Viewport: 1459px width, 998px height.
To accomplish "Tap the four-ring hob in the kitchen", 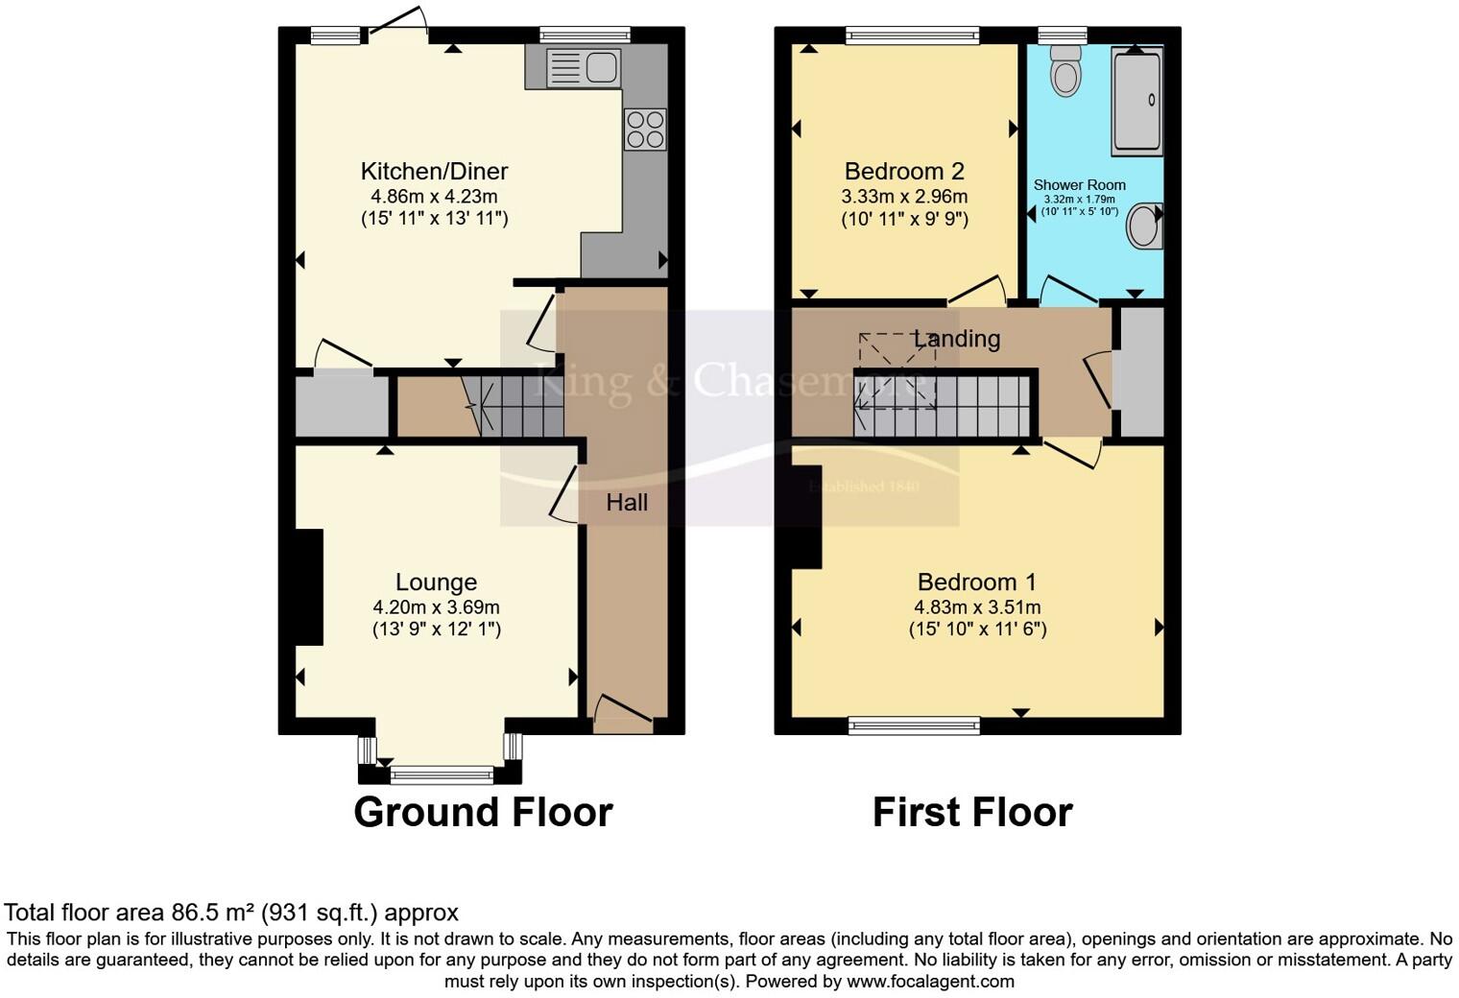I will pyautogui.click(x=645, y=130).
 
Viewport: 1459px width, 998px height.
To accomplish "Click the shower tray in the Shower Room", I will pyautogui.click(x=1137, y=102).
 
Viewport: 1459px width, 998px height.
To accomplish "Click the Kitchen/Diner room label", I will pyautogui.click(x=434, y=172).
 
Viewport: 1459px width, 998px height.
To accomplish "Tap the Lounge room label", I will pyautogui.click(x=436, y=582).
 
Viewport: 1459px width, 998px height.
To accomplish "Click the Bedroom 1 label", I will pyautogui.click(x=976, y=582).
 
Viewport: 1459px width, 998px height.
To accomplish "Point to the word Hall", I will pyautogui.click(x=627, y=503).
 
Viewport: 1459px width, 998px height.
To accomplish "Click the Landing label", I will pyautogui.click(x=957, y=339).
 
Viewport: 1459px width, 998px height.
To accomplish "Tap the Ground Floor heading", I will pyautogui.click(x=483, y=812).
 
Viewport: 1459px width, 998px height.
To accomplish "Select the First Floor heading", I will pyautogui.click(x=971, y=812).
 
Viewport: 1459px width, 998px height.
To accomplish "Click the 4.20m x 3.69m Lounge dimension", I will pyautogui.click(x=436, y=607).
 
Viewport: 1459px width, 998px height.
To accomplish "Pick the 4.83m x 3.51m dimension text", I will pyautogui.click(x=977, y=607).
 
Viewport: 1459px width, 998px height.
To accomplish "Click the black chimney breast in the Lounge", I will pyautogui.click(x=308, y=586).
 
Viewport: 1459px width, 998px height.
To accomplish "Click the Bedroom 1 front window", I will pyautogui.click(x=914, y=725).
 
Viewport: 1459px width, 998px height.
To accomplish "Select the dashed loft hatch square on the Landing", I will pyautogui.click(x=897, y=371).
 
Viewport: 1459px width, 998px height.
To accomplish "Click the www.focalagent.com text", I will pyautogui.click(x=930, y=982).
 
